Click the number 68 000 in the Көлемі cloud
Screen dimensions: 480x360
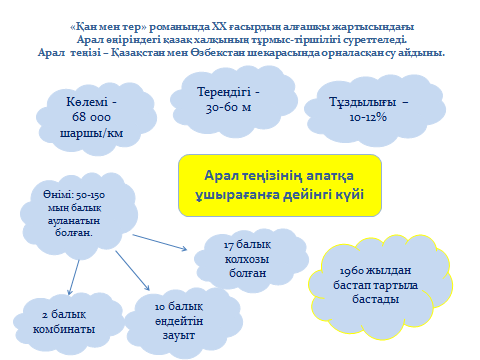coord(91,117)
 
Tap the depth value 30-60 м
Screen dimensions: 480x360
coord(228,107)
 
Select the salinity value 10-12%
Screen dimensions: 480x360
coord(368,117)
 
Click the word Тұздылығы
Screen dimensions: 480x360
coord(363,102)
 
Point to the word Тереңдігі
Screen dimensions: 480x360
coord(224,92)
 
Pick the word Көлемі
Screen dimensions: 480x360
coord(87,101)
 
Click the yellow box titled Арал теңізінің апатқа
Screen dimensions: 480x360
coord(280,185)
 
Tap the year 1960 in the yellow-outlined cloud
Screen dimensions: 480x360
coord(352,270)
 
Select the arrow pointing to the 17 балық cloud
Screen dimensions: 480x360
coord(160,242)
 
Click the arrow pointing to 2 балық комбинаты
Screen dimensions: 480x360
coord(74,277)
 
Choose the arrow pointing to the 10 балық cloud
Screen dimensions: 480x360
coord(133,271)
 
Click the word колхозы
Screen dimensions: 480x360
coord(247,259)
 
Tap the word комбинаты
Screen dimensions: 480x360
coord(64,329)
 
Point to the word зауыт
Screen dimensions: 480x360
coord(179,335)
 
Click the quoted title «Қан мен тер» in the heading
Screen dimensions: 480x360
coord(108,27)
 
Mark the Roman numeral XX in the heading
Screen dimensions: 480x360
coord(219,27)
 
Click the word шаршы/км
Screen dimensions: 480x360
coord(91,133)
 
